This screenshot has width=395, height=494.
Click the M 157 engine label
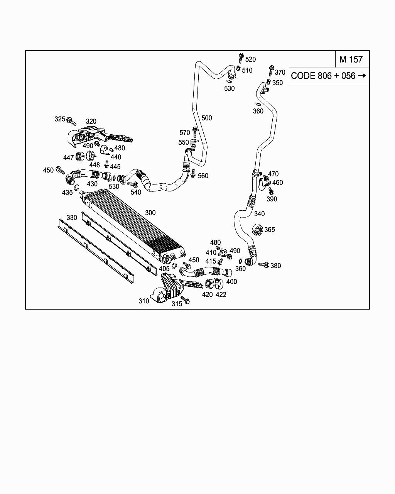[x=351, y=59]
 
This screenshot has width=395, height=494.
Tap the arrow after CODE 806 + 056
[x=362, y=75]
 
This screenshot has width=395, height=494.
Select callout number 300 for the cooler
[x=150, y=213]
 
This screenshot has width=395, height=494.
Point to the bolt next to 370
[x=271, y=71]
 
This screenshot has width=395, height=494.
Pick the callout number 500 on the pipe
[x=207, y=118]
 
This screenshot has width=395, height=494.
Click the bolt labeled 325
[x=71, y=121]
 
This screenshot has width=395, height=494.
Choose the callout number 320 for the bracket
[x=91, y=122]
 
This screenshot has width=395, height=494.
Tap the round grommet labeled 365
[x=257, y=230]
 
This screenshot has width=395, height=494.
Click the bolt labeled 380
[x=264, y=265]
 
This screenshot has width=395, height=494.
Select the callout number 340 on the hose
[x=259, y=214]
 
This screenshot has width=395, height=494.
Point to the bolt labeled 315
[x=185, y=300]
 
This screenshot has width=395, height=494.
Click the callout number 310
[x=143, y=301]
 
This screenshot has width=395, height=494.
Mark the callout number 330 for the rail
[x=72, y=217]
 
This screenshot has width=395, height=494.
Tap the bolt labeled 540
[x=132, y=184]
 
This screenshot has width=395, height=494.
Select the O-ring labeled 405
[x=174, y=266]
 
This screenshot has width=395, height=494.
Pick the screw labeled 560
[x=193, y=174]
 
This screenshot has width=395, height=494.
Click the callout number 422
[x=221, y=294]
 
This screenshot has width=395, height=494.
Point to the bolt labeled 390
[x=271, y=191]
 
